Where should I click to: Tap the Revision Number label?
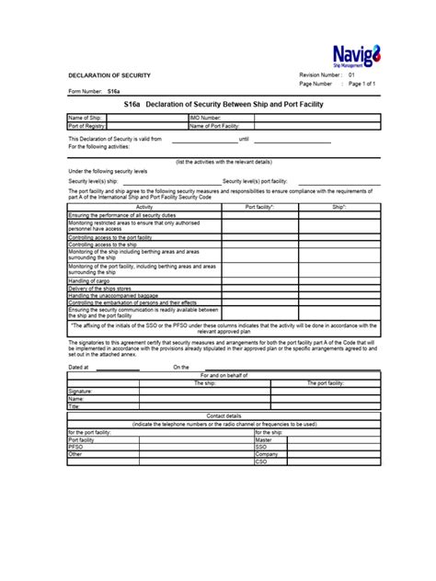tap(320, 74)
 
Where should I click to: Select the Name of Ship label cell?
tap(86, 119)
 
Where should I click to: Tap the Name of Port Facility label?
tap(214, 125)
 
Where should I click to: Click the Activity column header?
tap(144, 207)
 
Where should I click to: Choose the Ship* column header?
tap(338, 207)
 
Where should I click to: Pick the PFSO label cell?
tap(76, 447)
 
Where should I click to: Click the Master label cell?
tap(265, 439)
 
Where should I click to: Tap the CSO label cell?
tap(261, 461)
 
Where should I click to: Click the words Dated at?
tap(79, 366)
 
